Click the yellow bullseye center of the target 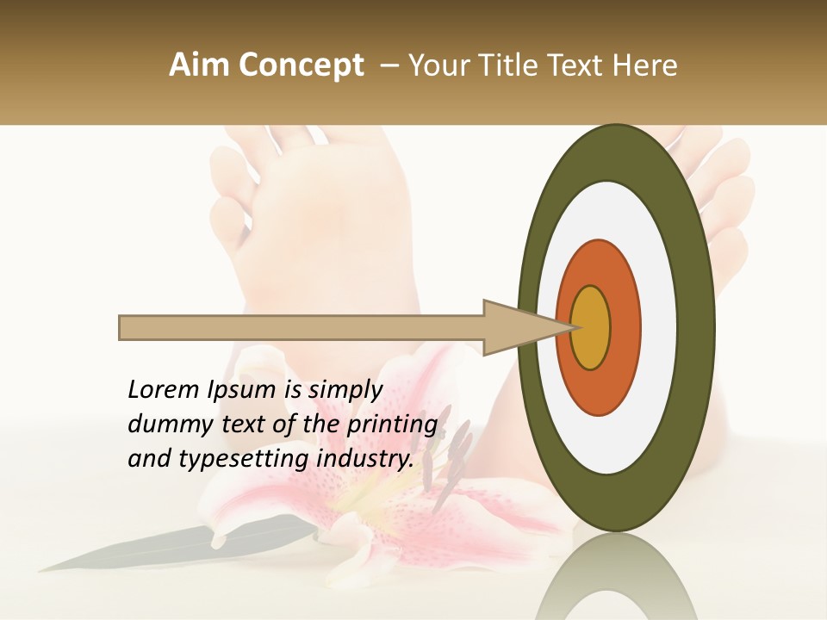tap(590, 328)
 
